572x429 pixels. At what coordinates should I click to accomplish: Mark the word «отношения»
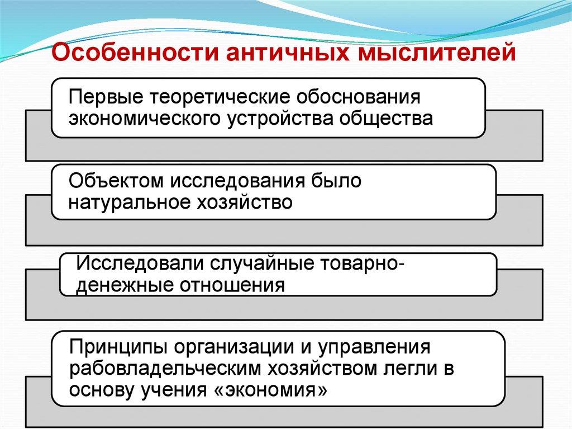pos(232,285)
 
